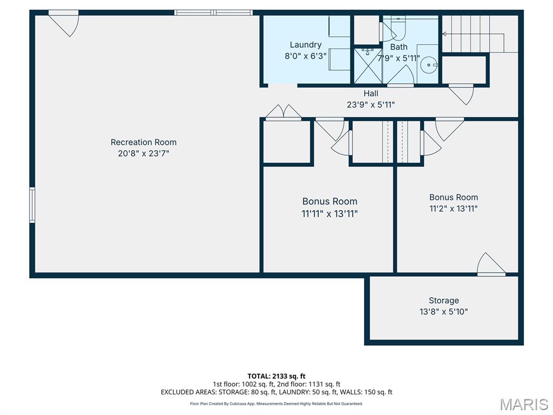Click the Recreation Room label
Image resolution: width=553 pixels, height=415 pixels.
coord(143,142)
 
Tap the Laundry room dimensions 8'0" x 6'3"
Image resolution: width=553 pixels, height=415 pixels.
coord(305,55)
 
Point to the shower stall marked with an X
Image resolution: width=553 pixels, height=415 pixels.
coord(367,65)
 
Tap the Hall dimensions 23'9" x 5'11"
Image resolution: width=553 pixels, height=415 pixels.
coord(370,105)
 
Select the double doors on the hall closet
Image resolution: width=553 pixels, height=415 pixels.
coord(283,112)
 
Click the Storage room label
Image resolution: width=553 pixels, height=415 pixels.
coord(444,300)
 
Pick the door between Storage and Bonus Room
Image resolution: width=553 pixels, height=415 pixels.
coord(490,265)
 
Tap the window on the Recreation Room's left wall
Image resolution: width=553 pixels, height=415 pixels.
coord(32,205)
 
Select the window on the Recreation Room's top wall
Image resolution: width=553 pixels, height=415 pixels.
coord(214,12)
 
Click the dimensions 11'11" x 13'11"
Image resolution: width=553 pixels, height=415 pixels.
coord(329,213)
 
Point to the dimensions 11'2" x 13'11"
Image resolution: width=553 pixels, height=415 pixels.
coord(453,209)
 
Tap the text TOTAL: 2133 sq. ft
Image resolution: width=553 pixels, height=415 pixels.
coord(276,376)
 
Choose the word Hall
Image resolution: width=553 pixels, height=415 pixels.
coord(370,93)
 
